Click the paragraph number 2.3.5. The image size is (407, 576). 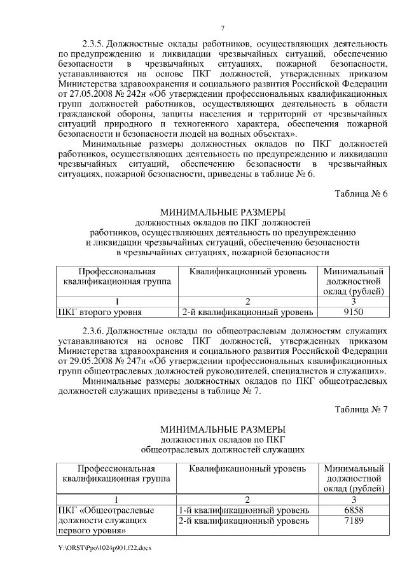coord(93,44)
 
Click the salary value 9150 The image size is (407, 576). coord(353,312)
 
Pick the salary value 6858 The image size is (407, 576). coord(353,510)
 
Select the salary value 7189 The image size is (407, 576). coord(353,521)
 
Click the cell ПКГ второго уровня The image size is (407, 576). coord(99,312)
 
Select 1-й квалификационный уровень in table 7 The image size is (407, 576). coord(244,510)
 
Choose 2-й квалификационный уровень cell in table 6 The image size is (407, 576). coord(247,312)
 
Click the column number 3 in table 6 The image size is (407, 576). coord(353,302)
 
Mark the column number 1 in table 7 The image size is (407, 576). coord(116,500)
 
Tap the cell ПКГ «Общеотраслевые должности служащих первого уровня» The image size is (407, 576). coord(106,521)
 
